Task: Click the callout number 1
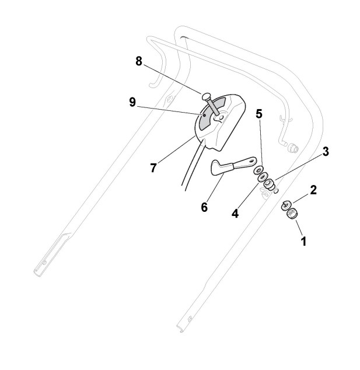(303, 239)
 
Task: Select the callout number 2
(313, 190)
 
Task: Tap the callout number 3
(326, 151)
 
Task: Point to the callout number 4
(235, 214)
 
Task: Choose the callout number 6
(204, 207)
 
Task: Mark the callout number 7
(153, 168)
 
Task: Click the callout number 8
(139, 62)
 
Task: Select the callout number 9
(132, 102)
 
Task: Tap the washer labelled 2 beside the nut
(286, 204)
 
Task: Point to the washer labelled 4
(263, 177)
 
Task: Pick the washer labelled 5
(257, 169)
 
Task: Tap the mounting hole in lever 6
(251, 159)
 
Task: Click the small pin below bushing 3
(277, 189)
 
